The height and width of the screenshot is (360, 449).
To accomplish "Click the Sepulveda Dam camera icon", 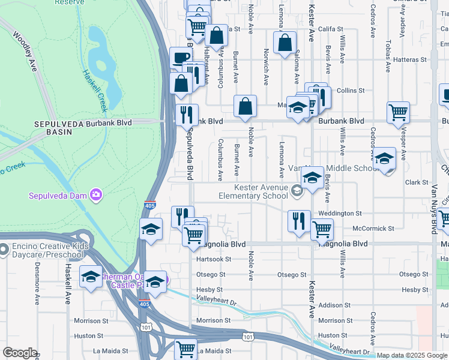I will click(x=95, y=194).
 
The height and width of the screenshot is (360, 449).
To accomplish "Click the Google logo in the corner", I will click(x=20, y=353).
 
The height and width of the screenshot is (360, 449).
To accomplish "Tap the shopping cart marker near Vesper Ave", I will click(x=399, y=112).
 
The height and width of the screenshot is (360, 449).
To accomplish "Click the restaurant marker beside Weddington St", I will click(x=298, y=221).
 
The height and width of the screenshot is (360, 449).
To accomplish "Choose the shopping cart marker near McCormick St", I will click(x=322, y=229).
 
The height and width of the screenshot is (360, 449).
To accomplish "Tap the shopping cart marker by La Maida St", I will click(x=185, y=349).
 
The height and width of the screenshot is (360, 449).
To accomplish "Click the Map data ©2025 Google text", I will click(x=412, y=355).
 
